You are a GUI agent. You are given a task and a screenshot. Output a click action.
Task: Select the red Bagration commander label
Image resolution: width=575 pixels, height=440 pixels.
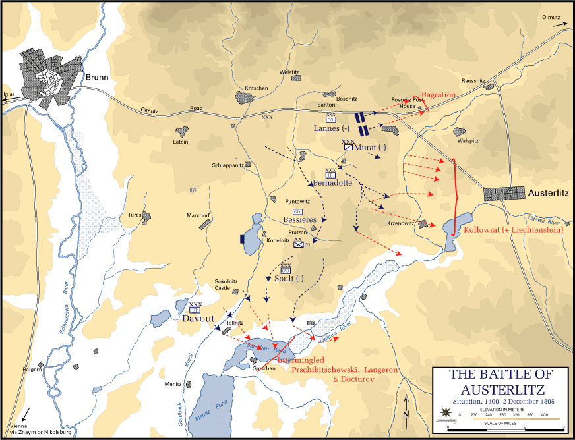pos(439,95)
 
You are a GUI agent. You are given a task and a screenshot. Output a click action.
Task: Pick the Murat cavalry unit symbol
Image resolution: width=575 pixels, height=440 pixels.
pos(348,148)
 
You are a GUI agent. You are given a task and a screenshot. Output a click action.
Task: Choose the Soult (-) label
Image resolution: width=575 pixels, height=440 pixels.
pos(289,278)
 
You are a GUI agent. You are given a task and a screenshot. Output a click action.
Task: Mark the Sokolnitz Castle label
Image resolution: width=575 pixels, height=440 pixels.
pos(231,285)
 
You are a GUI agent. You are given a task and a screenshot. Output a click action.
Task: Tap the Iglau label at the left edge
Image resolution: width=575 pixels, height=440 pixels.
pos(9,94)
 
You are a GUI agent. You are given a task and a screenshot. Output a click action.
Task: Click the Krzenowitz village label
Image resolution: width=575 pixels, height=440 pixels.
pos(400,223)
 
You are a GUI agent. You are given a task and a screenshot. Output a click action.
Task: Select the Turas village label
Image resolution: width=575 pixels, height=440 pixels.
pos(135,215)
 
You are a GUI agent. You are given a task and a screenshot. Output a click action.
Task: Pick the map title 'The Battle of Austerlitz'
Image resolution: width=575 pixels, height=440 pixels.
pos(501,381)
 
